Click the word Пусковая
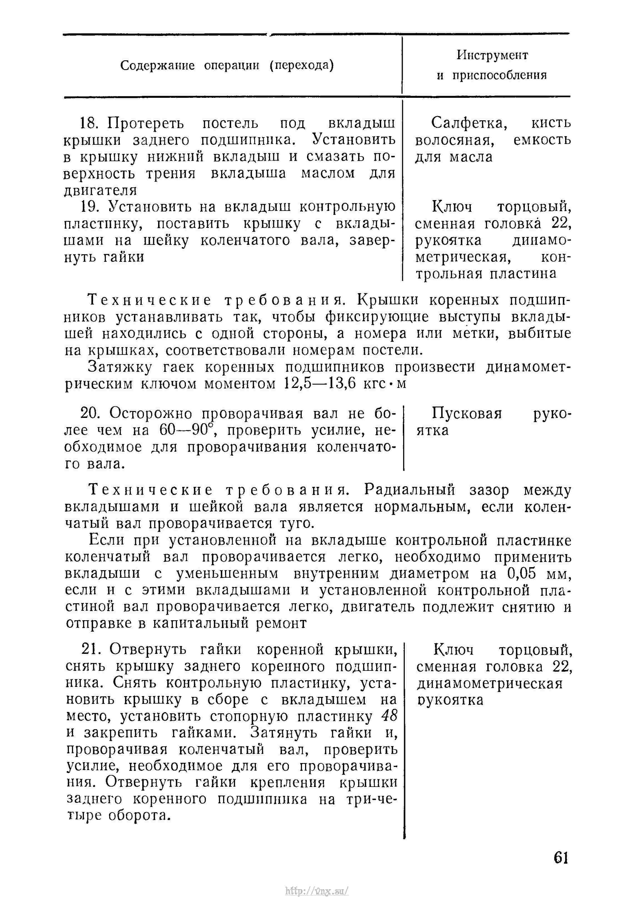pyautogui.click(x=467, y=413)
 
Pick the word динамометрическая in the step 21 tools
pyautogui.click(x=490, y=683)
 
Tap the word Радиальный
pyautogui.click(x=410, y=490)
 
